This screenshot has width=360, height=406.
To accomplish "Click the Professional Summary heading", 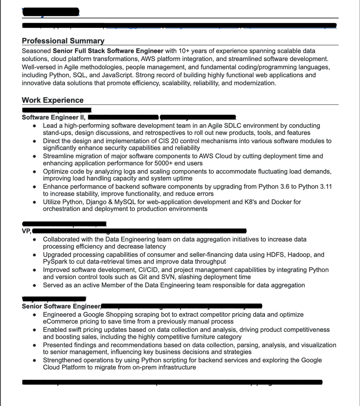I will pyautogui.click(x=63, y=41).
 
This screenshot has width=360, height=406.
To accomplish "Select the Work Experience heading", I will pyautogui.click(x=52, y=100).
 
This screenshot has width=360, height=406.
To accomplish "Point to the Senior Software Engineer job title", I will pyautogui.click(x=61, y=306).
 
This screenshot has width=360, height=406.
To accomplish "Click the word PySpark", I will pyautogui.click(x=55, y=261).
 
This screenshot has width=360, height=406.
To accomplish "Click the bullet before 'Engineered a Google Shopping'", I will pyautogui.click(x=35, y=315).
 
